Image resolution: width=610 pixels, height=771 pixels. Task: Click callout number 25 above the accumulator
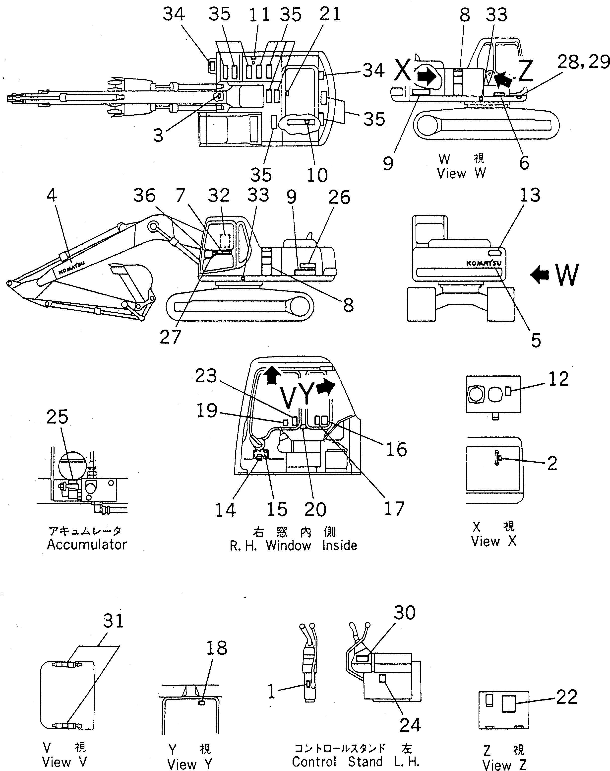coord(57,417)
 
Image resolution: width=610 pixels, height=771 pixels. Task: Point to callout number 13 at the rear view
coord(530,196)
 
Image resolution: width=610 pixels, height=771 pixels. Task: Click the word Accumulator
coord(87,545)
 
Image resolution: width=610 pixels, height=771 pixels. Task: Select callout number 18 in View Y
coord(216,648)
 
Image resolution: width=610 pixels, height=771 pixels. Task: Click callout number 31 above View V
coord(113,621)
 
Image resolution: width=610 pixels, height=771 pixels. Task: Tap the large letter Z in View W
coord(525,71)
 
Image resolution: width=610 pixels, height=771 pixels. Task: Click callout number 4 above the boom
coord(52,196)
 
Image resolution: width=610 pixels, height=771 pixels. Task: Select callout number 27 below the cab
coord(170,337)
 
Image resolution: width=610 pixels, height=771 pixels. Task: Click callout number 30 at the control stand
coord(405,613)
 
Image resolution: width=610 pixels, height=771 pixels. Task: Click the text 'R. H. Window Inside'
coord(293,546)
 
